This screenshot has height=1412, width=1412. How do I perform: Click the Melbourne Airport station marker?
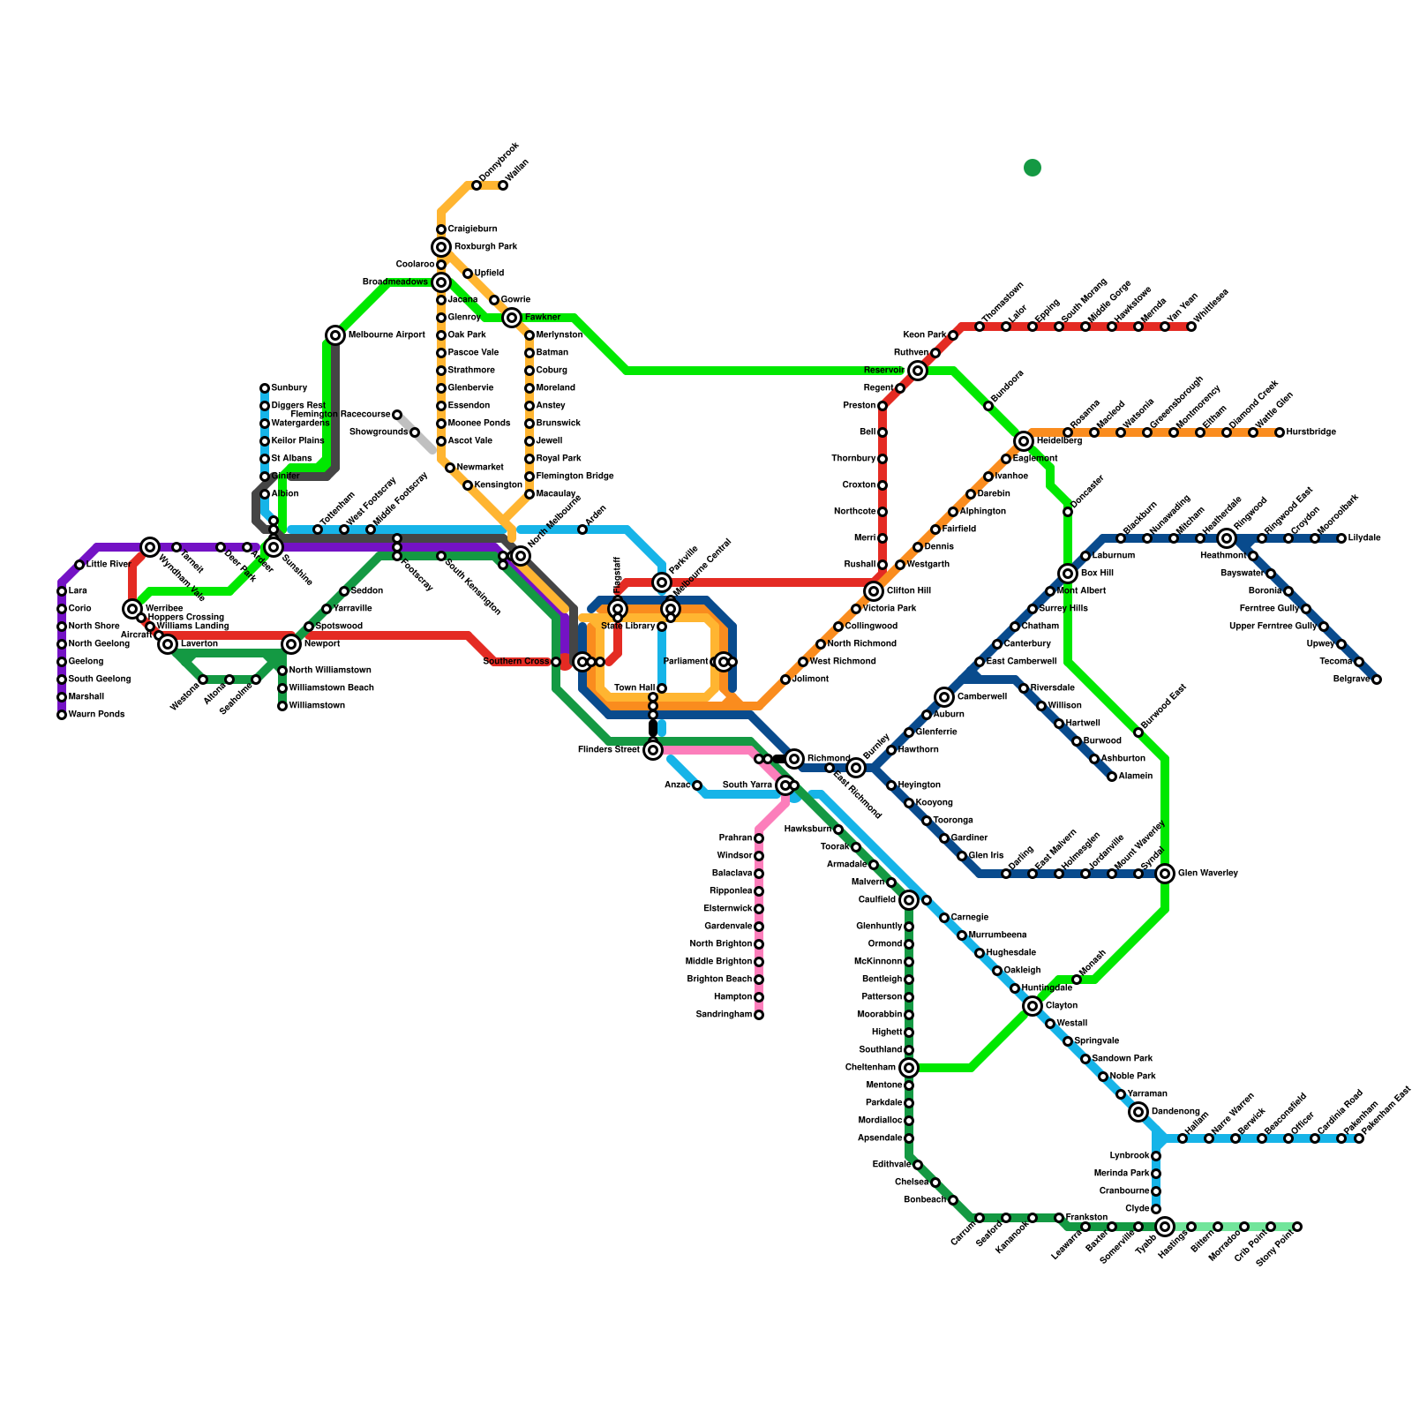click(335, 335)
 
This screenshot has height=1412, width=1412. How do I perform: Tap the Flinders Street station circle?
click(653, 750)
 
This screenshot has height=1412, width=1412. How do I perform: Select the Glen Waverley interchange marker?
click(1165, 874)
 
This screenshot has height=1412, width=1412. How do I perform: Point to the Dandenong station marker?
click(1138, 1112)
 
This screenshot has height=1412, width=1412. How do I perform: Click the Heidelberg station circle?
click(1024, 441)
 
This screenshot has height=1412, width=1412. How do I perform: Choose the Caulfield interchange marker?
click(909, 900)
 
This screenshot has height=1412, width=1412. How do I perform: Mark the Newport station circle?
click(291, 644)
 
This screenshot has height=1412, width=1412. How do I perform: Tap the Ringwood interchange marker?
click(1227, 538)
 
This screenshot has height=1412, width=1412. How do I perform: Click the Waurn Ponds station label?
click(96, 715)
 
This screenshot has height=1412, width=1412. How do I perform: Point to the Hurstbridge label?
click(1311, 432)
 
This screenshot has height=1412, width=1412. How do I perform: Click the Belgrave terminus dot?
click(1377, 680)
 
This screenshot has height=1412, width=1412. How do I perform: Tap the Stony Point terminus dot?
click(1297, 1227)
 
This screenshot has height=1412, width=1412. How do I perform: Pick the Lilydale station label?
click(1364, 538)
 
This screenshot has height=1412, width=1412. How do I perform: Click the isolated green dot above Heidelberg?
click(1033, 168)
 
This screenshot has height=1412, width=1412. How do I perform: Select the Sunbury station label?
click(289, 388)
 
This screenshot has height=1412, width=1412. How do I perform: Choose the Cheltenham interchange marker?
click(909, 1068)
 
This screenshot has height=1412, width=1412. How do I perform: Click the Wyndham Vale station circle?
click(151, 547)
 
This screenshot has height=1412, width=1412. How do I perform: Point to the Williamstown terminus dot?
click(282, 706)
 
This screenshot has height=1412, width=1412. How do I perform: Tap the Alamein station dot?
click(1112, 777)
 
